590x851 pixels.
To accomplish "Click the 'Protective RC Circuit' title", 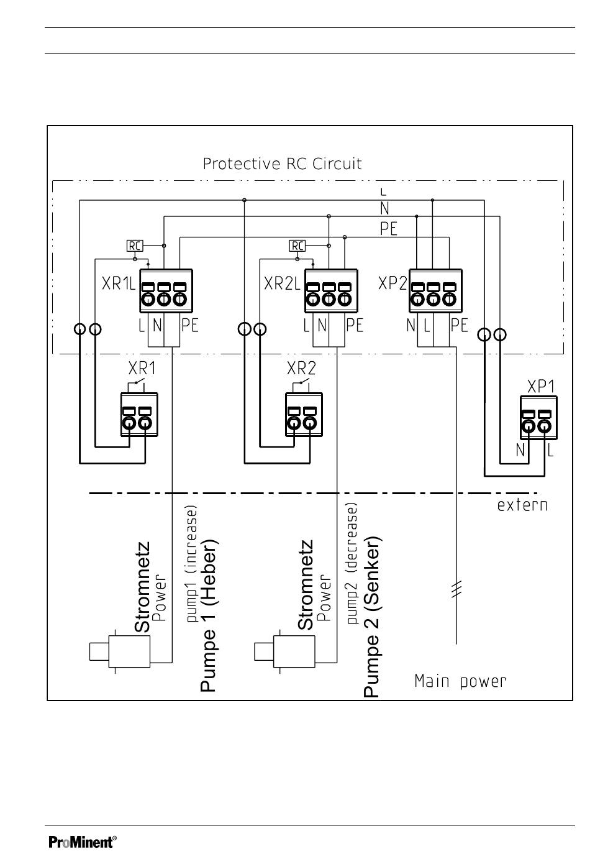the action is click(282, 163).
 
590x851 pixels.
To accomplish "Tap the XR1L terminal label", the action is click(119, 283).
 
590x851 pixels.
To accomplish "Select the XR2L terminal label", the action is click(282, 283).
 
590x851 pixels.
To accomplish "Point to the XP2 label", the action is click(393, 283).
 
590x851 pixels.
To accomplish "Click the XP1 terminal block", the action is click(538, 418).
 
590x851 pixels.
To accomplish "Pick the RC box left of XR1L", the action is click(135, 246).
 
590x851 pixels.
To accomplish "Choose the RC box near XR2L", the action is click(297, 246).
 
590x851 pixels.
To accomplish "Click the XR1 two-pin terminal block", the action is click(139, 415).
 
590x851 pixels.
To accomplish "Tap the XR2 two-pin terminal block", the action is click(304, 415).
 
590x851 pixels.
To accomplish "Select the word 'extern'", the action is click(522, 505).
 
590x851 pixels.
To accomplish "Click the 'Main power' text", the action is click(460, 681).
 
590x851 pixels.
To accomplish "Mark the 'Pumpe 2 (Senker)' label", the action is click(372, 617).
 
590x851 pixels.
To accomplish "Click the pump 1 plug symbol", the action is click(120, 651).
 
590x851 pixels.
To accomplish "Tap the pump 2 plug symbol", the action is click(284, 651).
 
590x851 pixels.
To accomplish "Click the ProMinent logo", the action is click(83, 842).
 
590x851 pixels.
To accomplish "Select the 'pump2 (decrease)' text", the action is click(352, 564).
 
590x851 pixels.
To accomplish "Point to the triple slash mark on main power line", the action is click(456, 589).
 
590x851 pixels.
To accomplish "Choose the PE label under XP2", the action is click(458, 326).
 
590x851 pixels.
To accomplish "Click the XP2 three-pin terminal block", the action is click(435, 291).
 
